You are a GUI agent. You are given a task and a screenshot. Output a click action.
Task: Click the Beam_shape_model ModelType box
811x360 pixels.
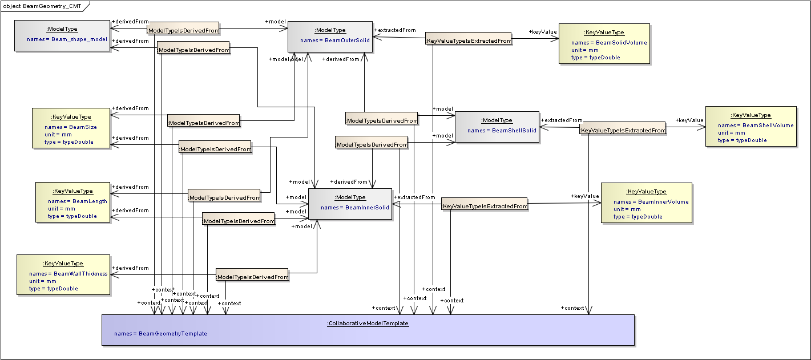pyautogui.click(x=62, y=35)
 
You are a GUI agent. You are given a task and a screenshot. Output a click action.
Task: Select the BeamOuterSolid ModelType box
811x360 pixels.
pyautogui.click(x=330, y=37)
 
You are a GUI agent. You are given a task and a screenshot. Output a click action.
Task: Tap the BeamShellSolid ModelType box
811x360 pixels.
pyautogui.click(x=497, y=127)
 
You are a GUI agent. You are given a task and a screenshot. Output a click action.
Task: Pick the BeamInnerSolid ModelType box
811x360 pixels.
pyautogui.click(x=350, y=204)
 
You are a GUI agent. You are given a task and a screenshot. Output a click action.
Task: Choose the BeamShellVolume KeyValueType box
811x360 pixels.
pyautogui.click(x=751, y=126)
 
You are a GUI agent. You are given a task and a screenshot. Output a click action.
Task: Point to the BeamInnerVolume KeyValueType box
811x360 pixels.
pyautogui.click(x=646, y=203)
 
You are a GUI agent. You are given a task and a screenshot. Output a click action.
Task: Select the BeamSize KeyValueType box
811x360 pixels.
pyautogui.click(x=71, y=128)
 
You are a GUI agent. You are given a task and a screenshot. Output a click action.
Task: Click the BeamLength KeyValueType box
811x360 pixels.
pyautogui.click(x=72, y=202)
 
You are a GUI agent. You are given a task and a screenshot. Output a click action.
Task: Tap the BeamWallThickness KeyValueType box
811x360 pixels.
pyautogui.click(x=63, y=274)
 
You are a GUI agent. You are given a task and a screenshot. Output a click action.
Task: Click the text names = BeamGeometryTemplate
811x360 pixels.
pyautogui.click(x=160, y=334)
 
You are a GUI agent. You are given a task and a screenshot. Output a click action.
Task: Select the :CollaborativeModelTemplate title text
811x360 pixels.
pyautogui.click(x=368, y=323)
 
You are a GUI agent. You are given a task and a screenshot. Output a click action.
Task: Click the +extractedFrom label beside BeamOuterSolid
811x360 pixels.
pyautogui.click(x=394, y=30)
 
